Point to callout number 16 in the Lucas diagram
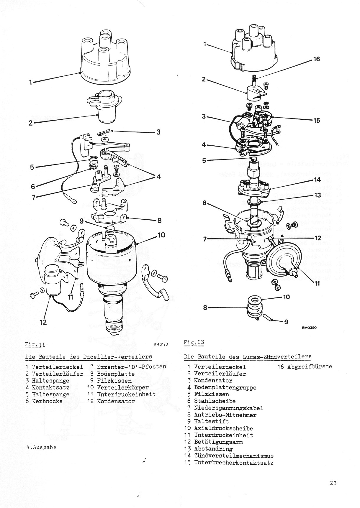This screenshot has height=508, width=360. pyautogui.click(x=316, y=59)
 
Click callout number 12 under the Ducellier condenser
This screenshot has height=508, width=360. pyautogui.click(x=43, y=322)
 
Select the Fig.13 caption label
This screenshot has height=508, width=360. pyautogui.click(x=194, y=343)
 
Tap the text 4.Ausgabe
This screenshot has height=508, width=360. pyautogui.click(x=41, y=447)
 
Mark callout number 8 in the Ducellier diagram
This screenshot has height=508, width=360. pyautogui.click(x=159, y=221)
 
